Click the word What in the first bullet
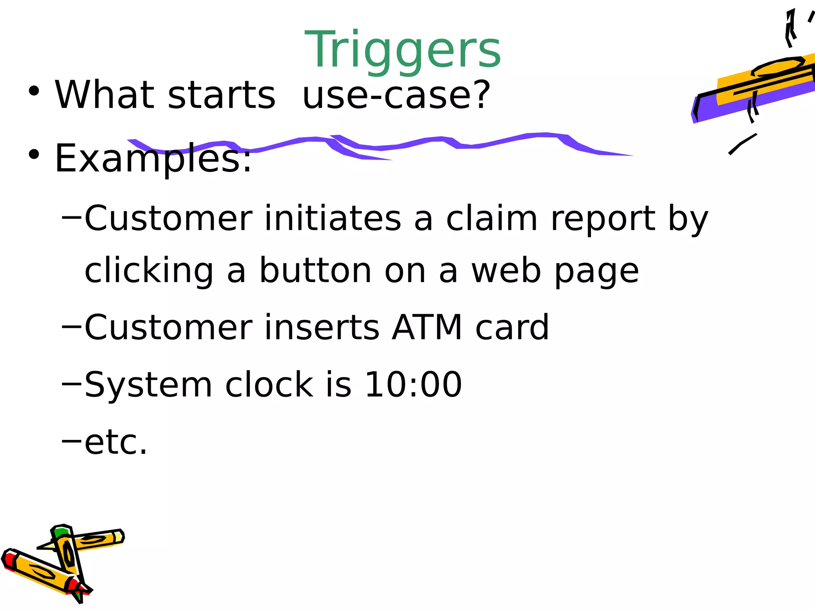point(104,95)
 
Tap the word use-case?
point(396,95)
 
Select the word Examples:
point(153,159)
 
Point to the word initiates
point(332,218)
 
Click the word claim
point(491,218)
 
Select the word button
point(316,271)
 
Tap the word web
point(506,271)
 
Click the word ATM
point(427,327)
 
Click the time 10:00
point(413,385)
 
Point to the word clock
point(269,385)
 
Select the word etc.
point(116,442)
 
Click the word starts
point(221,95)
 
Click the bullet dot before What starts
point(34,91)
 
